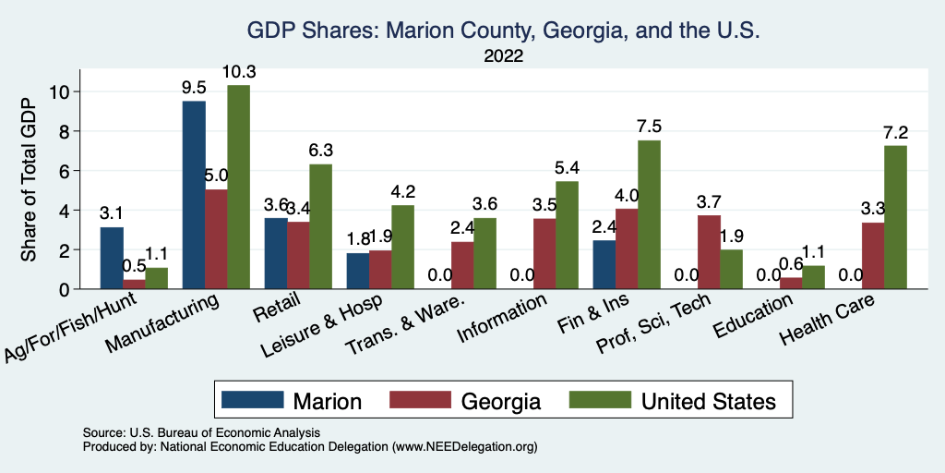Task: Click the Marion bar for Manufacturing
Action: coord(194,195)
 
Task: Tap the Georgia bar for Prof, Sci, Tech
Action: coord(709,251)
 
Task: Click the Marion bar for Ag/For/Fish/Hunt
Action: coord(112,258)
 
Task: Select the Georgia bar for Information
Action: coord(544,253)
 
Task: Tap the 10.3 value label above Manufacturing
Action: coord(238,71)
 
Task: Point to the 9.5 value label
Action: coord(194,88)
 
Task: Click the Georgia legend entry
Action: coord(471,400)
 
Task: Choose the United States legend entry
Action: coord(677,400)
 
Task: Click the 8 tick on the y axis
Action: coord(63,131)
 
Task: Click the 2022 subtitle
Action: coord(503,56)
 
